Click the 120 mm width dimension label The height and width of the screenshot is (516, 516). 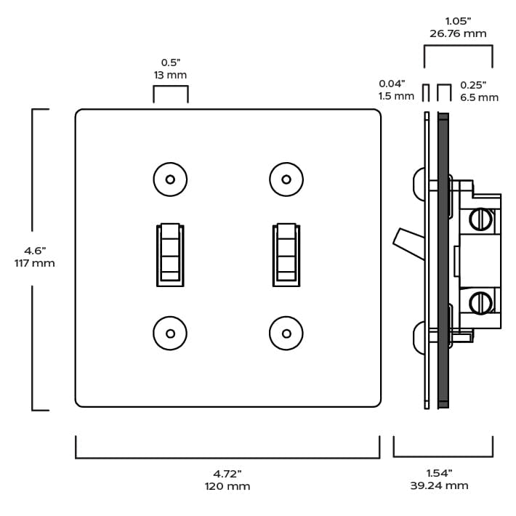227,485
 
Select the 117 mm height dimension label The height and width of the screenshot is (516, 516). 35,263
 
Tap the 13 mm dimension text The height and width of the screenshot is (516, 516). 171,75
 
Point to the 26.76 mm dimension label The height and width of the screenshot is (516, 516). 458,33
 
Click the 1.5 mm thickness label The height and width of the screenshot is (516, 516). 396,96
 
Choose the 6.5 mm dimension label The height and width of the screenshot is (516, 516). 479,97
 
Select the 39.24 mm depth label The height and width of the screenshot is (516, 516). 439,485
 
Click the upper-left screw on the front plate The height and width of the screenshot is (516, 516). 170,180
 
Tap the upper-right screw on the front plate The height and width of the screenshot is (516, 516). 286,180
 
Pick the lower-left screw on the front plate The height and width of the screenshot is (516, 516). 170,334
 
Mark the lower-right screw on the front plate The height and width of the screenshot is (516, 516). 286,334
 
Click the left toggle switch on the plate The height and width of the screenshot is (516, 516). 170,254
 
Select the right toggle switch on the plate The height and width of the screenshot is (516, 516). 286,254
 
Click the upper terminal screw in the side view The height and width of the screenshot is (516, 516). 480,218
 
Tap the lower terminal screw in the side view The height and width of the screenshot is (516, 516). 480,302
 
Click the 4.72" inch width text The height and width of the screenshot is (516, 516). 227,473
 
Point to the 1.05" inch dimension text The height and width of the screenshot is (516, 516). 458,21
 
